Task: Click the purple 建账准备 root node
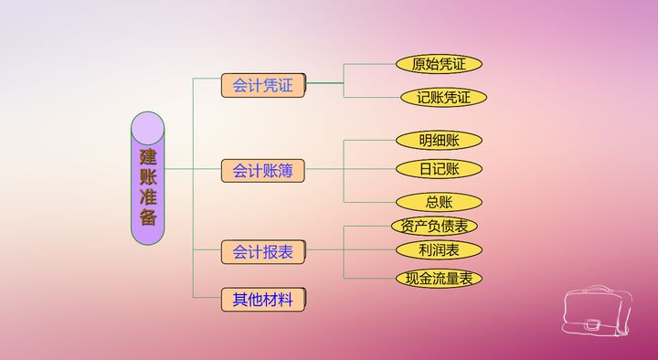coord(147,177)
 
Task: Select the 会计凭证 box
coord(262,86)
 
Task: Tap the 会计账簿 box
coord(262,170)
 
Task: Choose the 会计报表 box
coord(262,251)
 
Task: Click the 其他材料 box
coord(262,299)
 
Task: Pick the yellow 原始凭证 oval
coord(439,64)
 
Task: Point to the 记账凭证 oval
coord(443,97)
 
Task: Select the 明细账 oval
coord(439,141)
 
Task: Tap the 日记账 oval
coord(439,169)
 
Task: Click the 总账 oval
coord(439,202)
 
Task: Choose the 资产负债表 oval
coord(435,226)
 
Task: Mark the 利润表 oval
coord(439,249)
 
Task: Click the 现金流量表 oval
coord(439,277)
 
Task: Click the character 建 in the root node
coord(147,155)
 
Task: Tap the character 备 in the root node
coord(147,217)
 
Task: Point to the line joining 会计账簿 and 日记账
coord(347,169)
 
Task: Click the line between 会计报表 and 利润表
coord(347,250)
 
